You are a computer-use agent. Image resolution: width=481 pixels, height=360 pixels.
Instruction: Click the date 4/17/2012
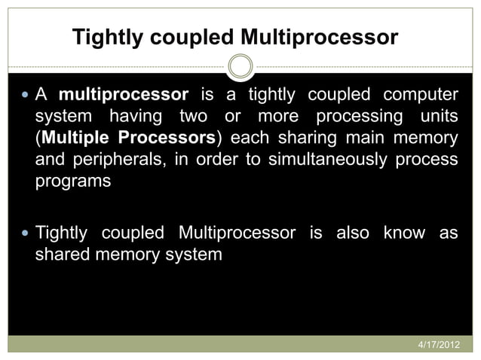pyautogui.click(x=438, y=344)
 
